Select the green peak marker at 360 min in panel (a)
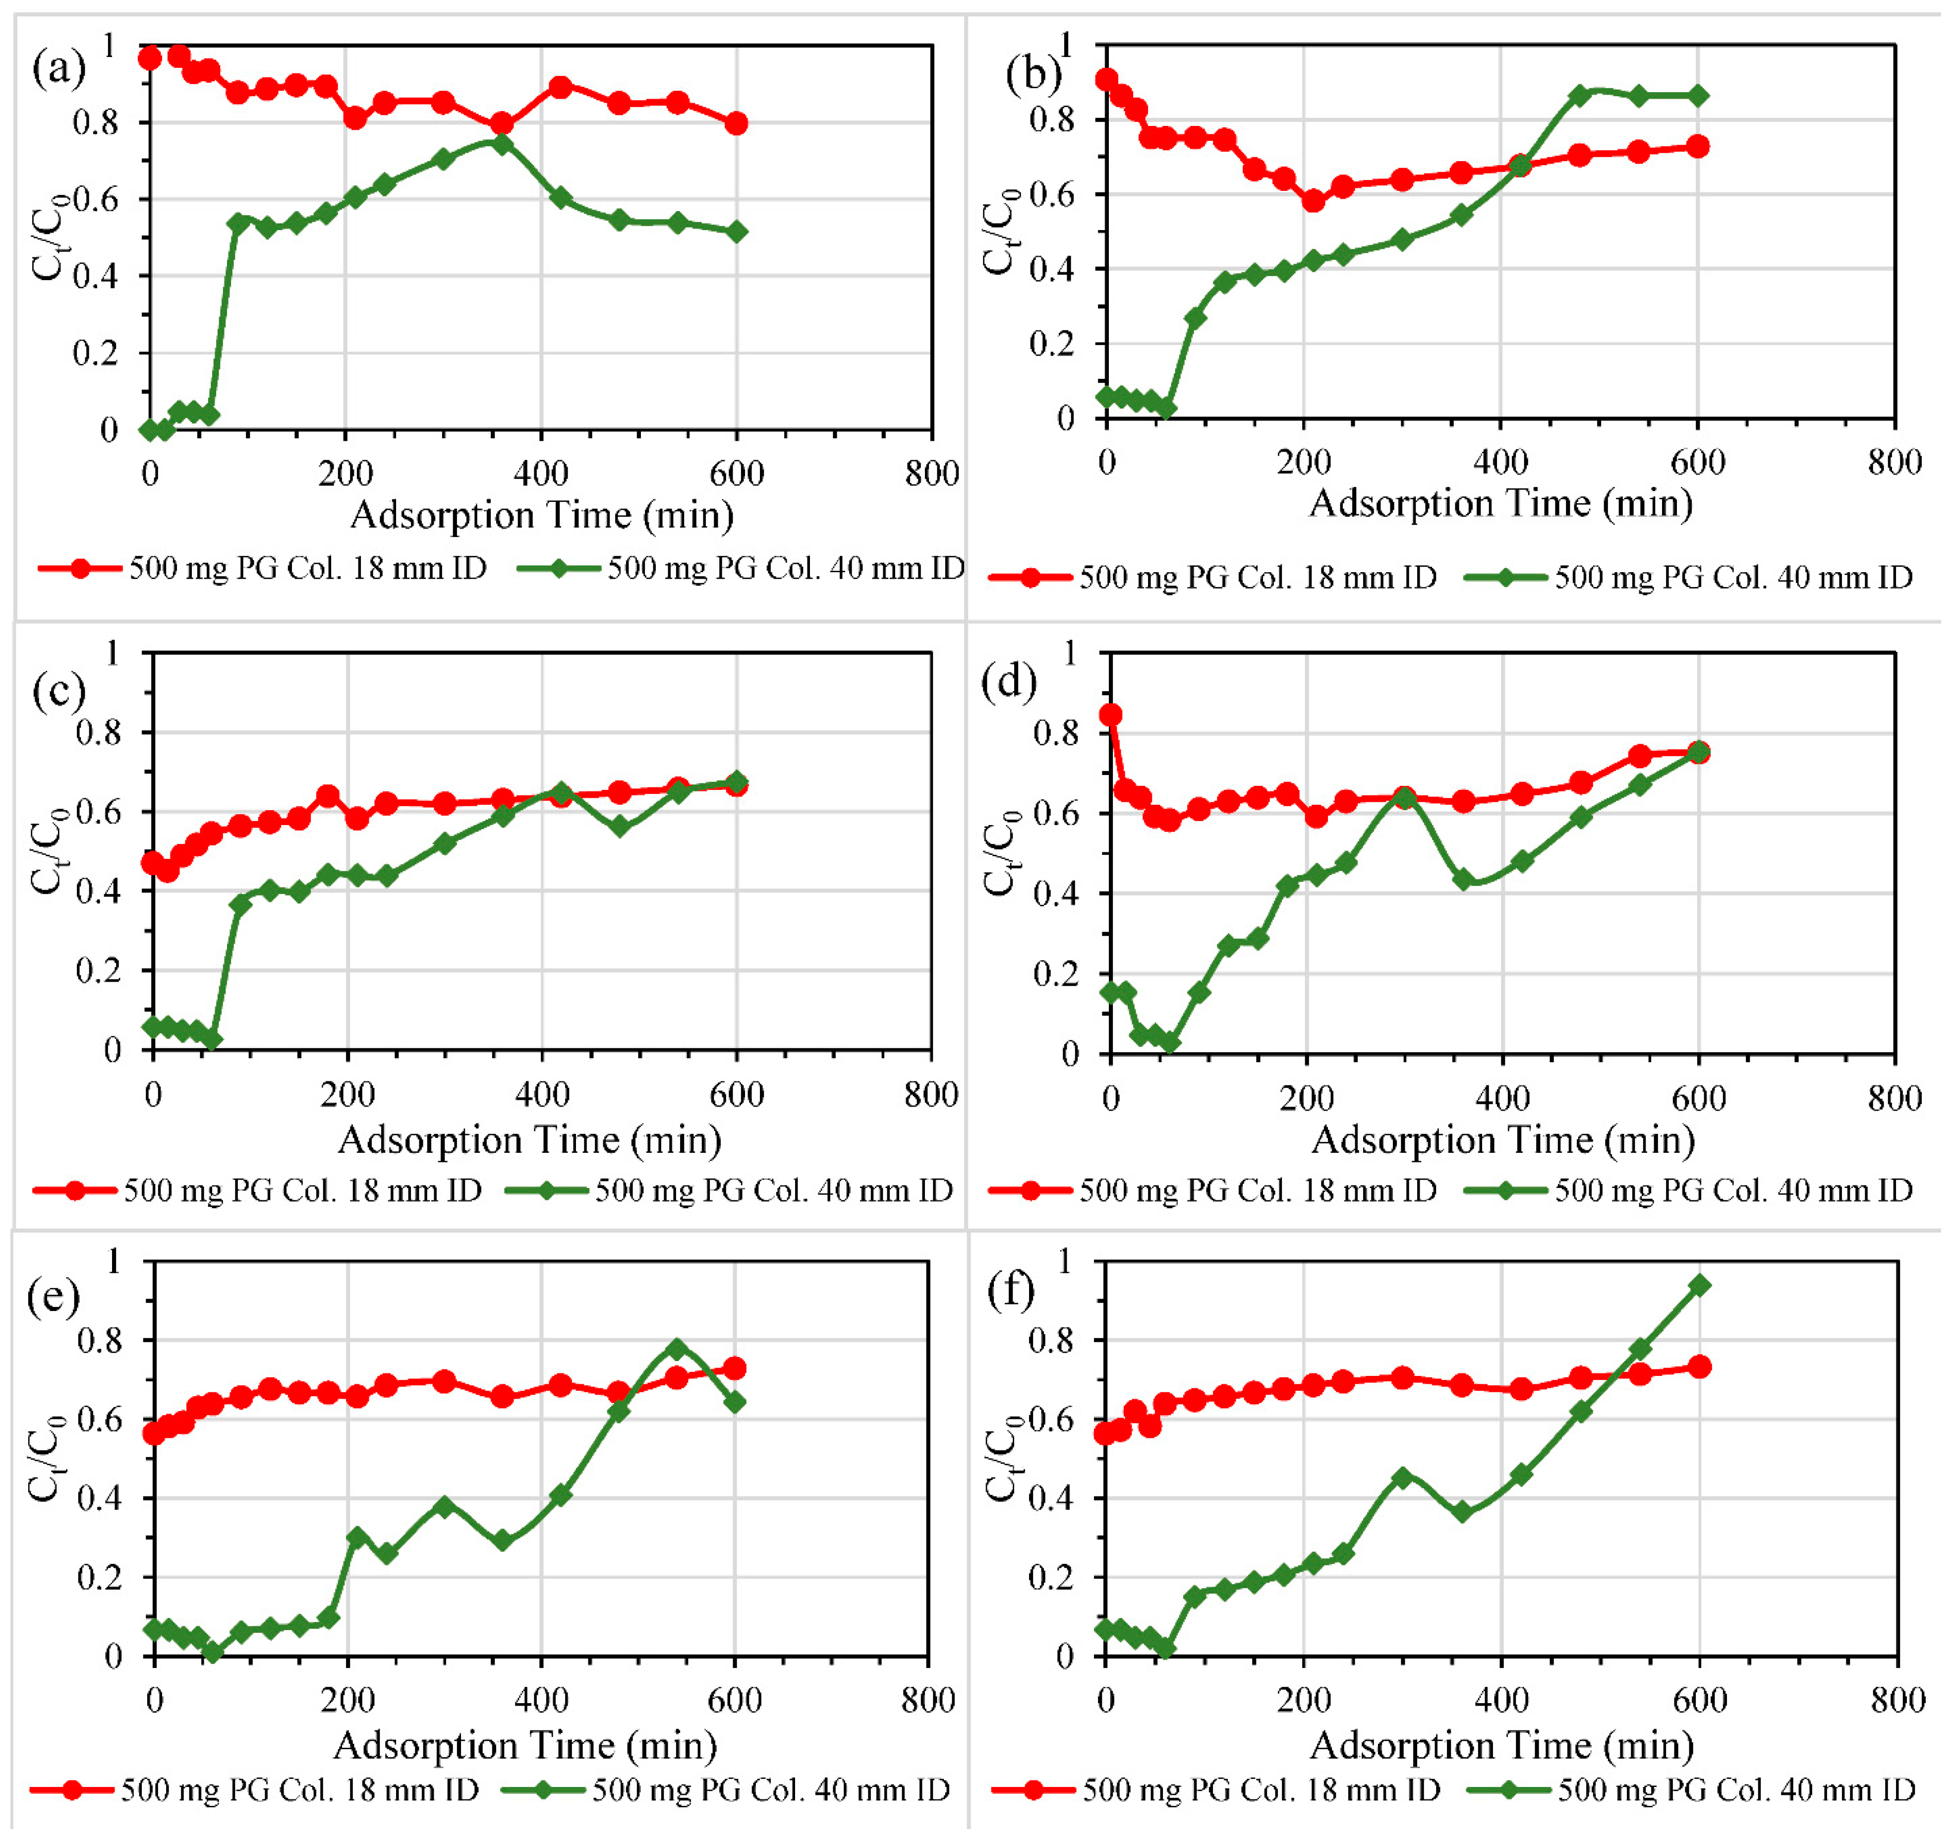[x=502, y=143]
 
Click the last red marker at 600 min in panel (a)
[x=736, y=124]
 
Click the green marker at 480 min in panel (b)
[x=1580, y=95]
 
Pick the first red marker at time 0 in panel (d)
[x=1111, y=714]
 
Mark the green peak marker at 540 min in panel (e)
[x=676, y=1349]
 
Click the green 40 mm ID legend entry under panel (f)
[x=1691, y=1789]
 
